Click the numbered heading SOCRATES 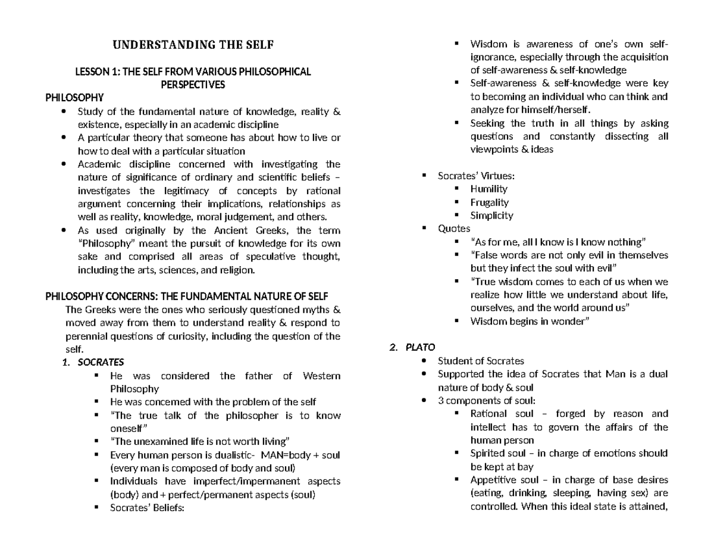click(101, 362)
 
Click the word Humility click(488, 189)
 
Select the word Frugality click(490, 202)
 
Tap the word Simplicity click(491, 216)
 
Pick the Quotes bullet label click(454, 229)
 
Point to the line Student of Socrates click(481, 361)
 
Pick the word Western click(321, 376)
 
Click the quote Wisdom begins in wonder click(530, 322)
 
